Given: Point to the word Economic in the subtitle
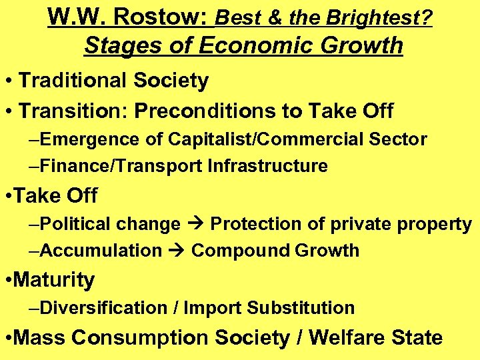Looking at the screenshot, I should click(255, 45).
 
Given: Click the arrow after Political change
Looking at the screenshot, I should click(195, 225).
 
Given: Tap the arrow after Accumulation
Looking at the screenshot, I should click(176, 251).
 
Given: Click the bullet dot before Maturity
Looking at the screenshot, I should click(7, 281).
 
